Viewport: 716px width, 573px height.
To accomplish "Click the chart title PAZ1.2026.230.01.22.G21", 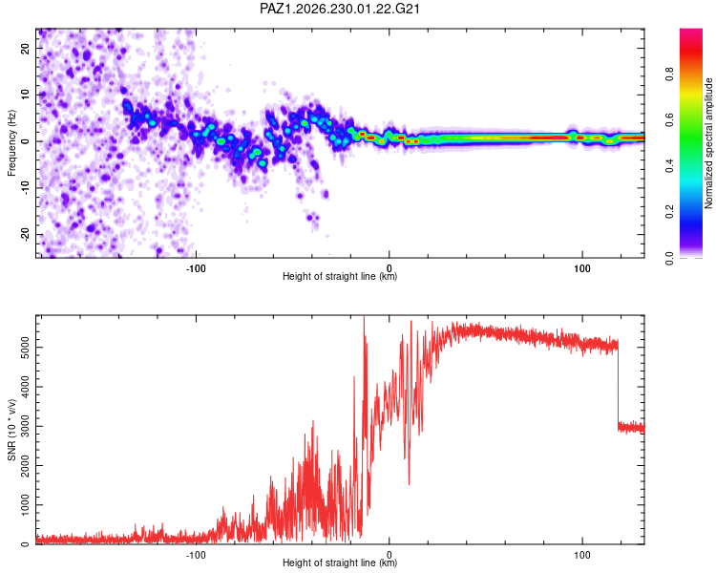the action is click(x=339, y=9).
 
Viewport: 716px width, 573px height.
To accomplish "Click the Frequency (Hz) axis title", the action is click(x=11, y=143).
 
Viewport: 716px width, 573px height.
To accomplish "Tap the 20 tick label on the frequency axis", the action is click(x=25, y=48).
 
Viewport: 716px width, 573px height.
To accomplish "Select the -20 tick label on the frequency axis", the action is click(x=25, y=234).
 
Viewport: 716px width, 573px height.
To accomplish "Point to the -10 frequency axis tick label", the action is click(x=25, y=187).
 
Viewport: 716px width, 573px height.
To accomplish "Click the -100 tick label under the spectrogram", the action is click(x=196, y=268).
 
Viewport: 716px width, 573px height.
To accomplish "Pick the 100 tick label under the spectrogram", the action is click(x=582, y=268).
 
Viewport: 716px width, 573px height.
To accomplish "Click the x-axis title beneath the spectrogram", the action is click(x=340, y=276).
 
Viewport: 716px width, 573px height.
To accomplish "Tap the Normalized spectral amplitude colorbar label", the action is click(x=708, y=143).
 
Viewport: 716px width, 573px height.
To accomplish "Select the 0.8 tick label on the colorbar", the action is click(x=669, y=74).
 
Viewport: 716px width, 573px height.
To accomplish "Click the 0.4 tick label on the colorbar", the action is click(x=669, y=166).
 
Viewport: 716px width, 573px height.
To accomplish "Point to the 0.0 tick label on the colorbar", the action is click(x=669, y=258).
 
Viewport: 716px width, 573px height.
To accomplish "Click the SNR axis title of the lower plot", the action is click(x=11, y=430).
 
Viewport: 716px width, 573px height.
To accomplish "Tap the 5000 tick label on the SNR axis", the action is click(x=25, y=348).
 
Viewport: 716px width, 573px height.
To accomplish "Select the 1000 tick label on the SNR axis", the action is click(x=25, y=505).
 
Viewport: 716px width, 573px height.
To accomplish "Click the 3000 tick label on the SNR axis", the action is click(x=25, y=426).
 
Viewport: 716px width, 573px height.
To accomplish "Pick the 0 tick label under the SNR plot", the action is click(x=390, y=555).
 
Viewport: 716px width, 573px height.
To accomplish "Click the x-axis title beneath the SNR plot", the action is click(x=340, y=562).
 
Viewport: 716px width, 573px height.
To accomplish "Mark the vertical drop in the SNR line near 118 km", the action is click(x=619, y=384).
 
